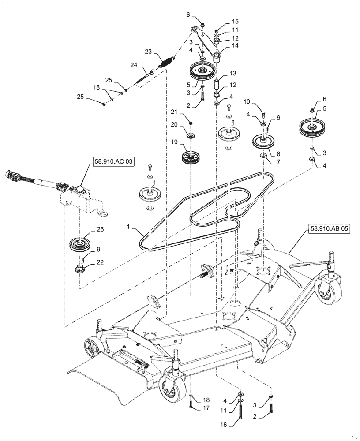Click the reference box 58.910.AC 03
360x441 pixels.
click(x=113, y=162)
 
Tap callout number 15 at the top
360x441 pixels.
click(x=235, y=21)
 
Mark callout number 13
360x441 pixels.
click(x=232, y=73)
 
